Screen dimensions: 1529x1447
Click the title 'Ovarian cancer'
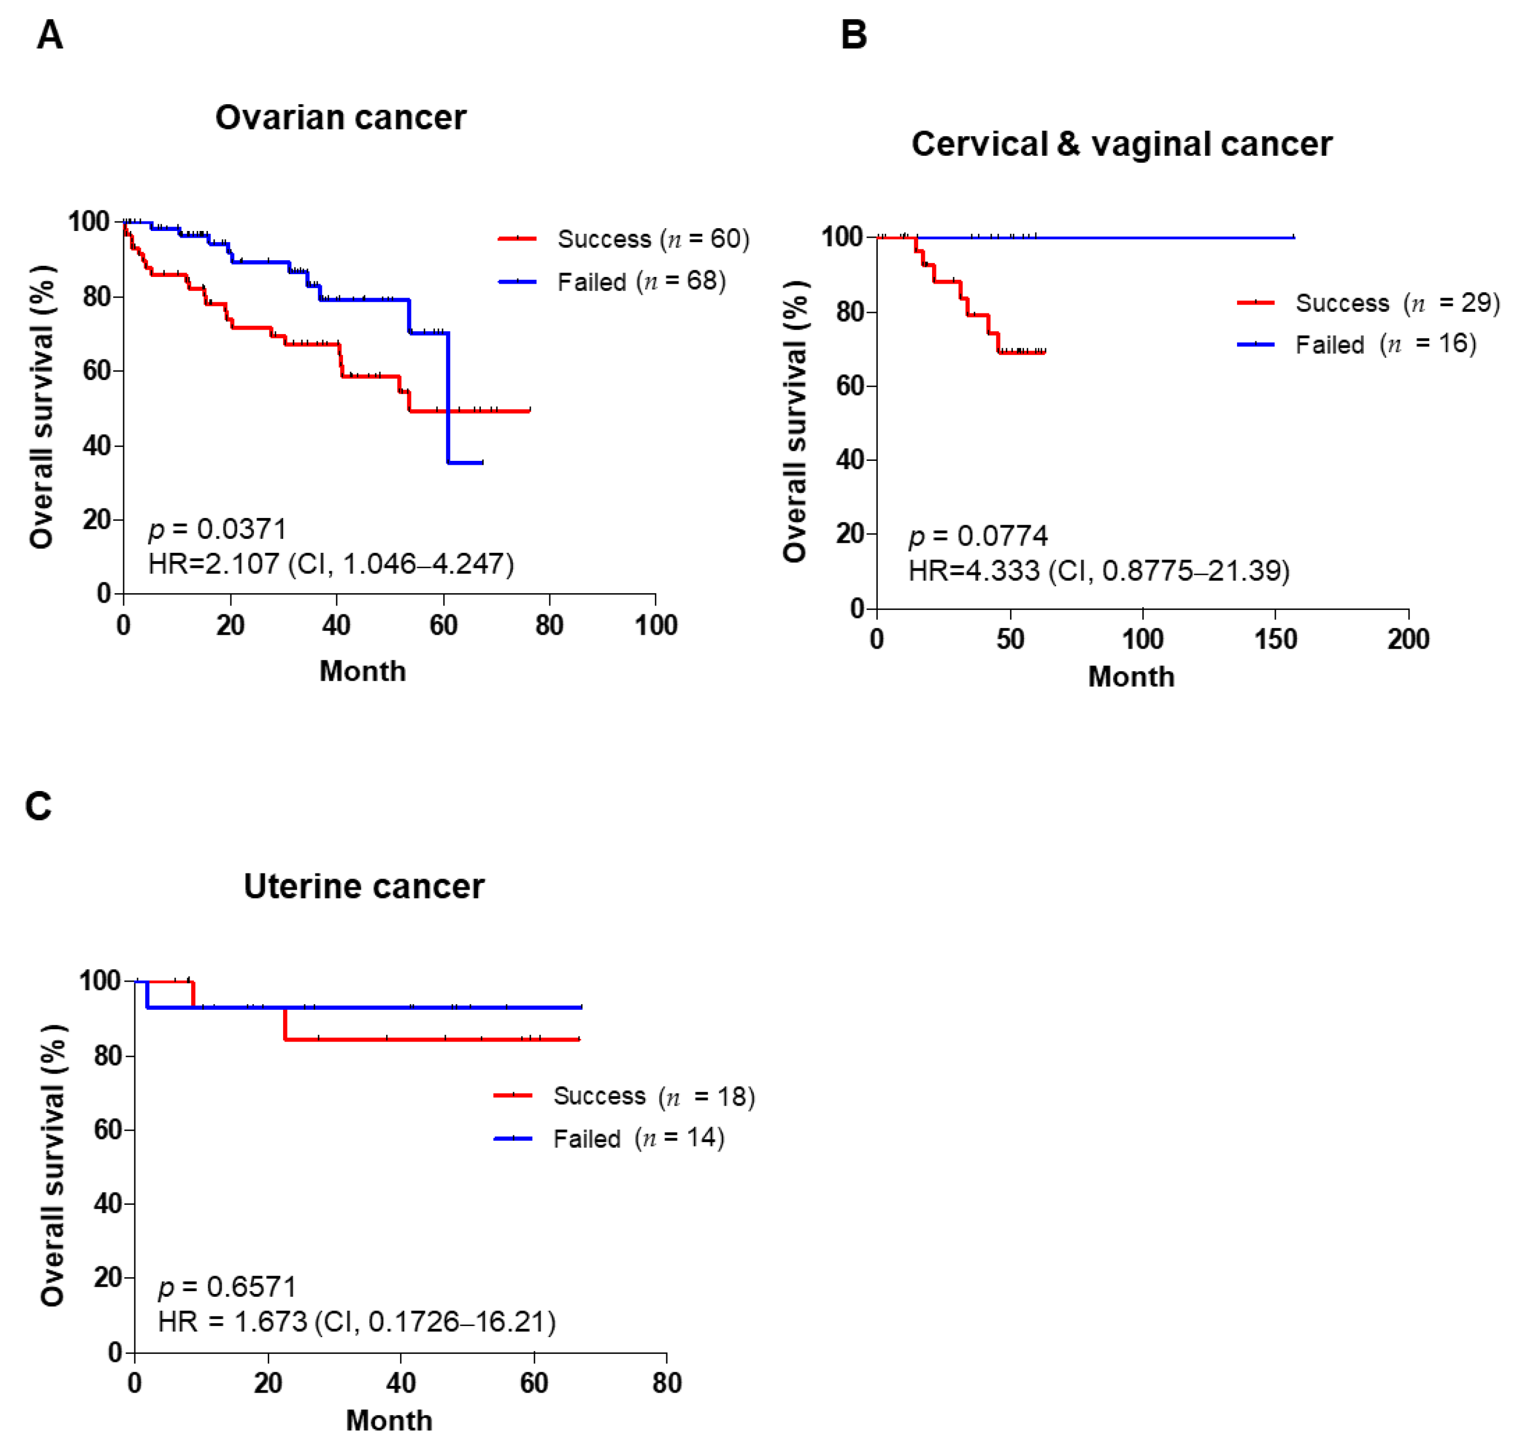pyautogui.click(x=340, y=118)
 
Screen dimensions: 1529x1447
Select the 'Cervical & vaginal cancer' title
pyautogui.click(x=1122, y=144)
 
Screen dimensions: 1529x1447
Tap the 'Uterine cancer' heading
pyautogui.click(x=364, y=886)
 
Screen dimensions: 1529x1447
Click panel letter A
pyautogui.click(x=50, y=35)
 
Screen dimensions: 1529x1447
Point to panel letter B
pyautogui.click(x=854, y=35)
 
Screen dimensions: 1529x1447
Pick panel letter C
pyautogui.click(x=39, y=806)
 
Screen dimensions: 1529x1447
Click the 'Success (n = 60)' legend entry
pyautogui.click(x=624, y=239)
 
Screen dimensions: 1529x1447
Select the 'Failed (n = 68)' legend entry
pyautogui.click(x=612, y=281)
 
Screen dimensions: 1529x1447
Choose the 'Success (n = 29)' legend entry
pyautogui.click(x=1369, y=303)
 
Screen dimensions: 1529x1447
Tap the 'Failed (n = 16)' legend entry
pyautogui.click(x=1357, y=344)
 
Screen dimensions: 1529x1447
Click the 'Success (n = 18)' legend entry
pyautogui.click(x=624, y=1096)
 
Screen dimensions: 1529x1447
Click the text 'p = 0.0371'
pyautogui.click(x=217, y=530)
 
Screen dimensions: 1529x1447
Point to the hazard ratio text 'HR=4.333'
pyautogui.click(x=974, y=571)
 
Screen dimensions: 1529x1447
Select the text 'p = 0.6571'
pyautogui.click(x=228, y=1287)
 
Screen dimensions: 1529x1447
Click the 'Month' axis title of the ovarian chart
pyautogui.click(x=363, y=671)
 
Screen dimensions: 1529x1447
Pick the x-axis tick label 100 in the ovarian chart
pyautogui.click(x=655, y=625)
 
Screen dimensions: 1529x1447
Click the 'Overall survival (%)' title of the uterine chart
pyautogui.click(x=53, y=1166)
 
